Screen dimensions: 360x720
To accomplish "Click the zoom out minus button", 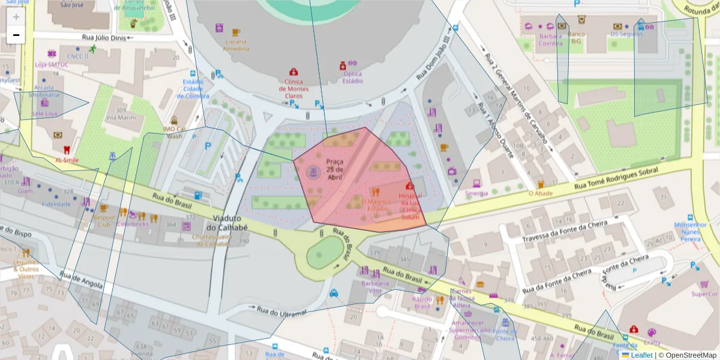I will pos(16,35).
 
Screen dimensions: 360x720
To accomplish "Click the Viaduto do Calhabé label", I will pos(227,223).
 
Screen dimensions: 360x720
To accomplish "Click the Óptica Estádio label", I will pos(352,77).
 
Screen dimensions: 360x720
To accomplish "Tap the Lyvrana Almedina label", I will pos(236,45).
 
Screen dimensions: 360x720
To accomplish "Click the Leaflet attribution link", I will pos(641,355).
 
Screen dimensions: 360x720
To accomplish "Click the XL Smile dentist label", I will pos(67,160).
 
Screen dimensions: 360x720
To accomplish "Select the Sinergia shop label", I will pos(476,193).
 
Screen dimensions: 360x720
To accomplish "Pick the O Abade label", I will pos(540,193).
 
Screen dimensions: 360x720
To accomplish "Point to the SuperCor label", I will pos(704,294).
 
